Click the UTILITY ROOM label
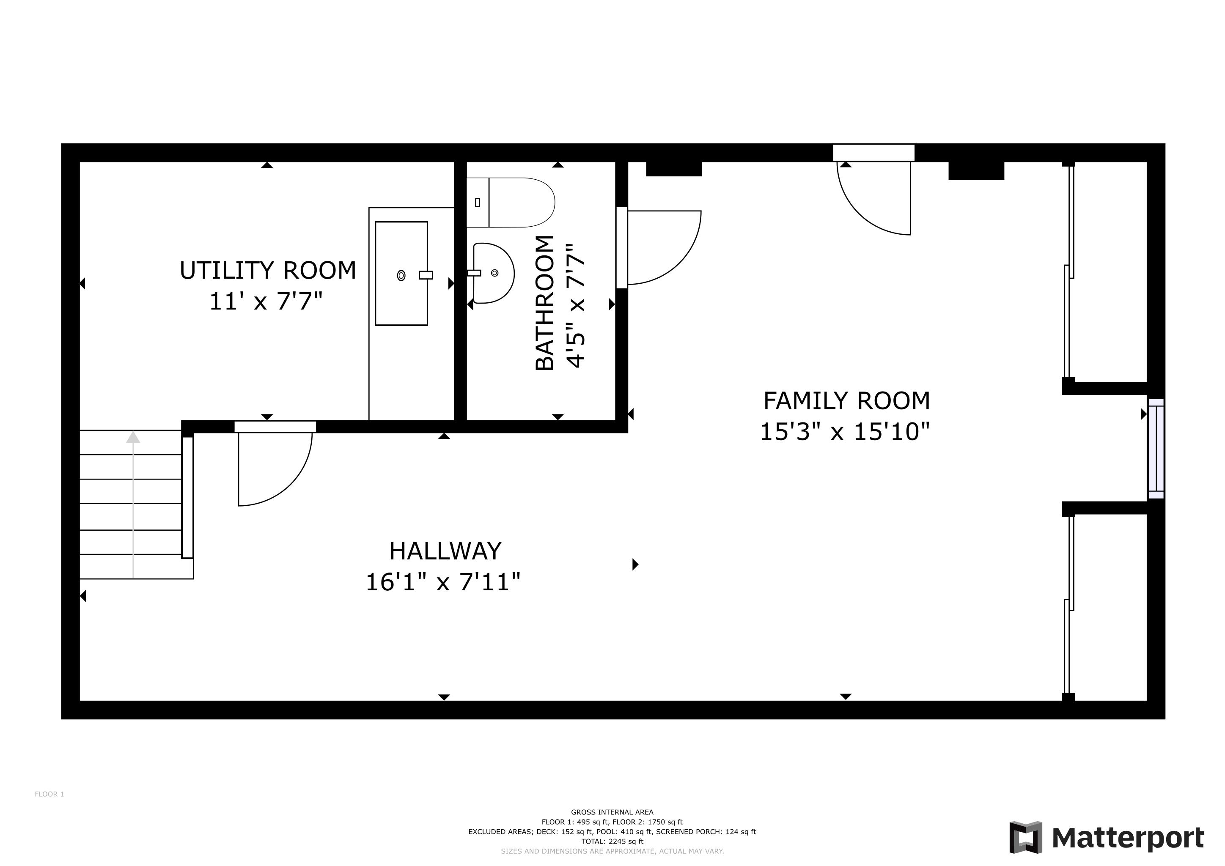click(x=268, y=270)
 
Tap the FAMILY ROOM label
click(x=847, y=401)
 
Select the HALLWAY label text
click(x=445, y=551)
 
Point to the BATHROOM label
click(x=545, y=302)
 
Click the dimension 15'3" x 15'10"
click(x=845, y=431)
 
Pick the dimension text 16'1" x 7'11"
click(x=443, y=582)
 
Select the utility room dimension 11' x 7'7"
click(x=266, y=301)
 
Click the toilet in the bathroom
click(x=511, y=203)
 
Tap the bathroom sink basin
click(x=494, y=273)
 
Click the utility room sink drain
click(x=401, y=275)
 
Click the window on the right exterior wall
click(x=1156, y=449)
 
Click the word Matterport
click(x=1128, y=838)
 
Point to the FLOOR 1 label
click(x=49, y=794)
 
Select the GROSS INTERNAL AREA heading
click(x=612, y=812)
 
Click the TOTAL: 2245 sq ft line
click(x=612, y=841)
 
